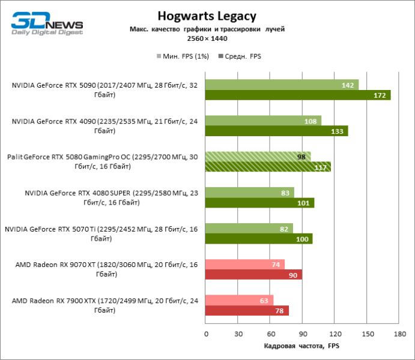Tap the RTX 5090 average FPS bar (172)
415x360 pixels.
(x=297, y=95)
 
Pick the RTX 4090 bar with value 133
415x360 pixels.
(x=276, y=131)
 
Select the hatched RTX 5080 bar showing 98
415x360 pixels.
(x=258, y=157)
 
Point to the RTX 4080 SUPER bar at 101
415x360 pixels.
(x=259, y=203)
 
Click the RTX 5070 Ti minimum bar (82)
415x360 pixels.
(x=249, y=229)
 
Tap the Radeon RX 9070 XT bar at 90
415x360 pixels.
(x=253, y=275)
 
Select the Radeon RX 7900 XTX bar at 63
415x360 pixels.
(x=239, y=301)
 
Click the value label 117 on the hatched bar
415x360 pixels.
(x=320, y=167)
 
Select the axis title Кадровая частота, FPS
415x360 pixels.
(x=301, y=347)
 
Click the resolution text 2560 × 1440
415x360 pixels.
(x=206, y=38)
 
